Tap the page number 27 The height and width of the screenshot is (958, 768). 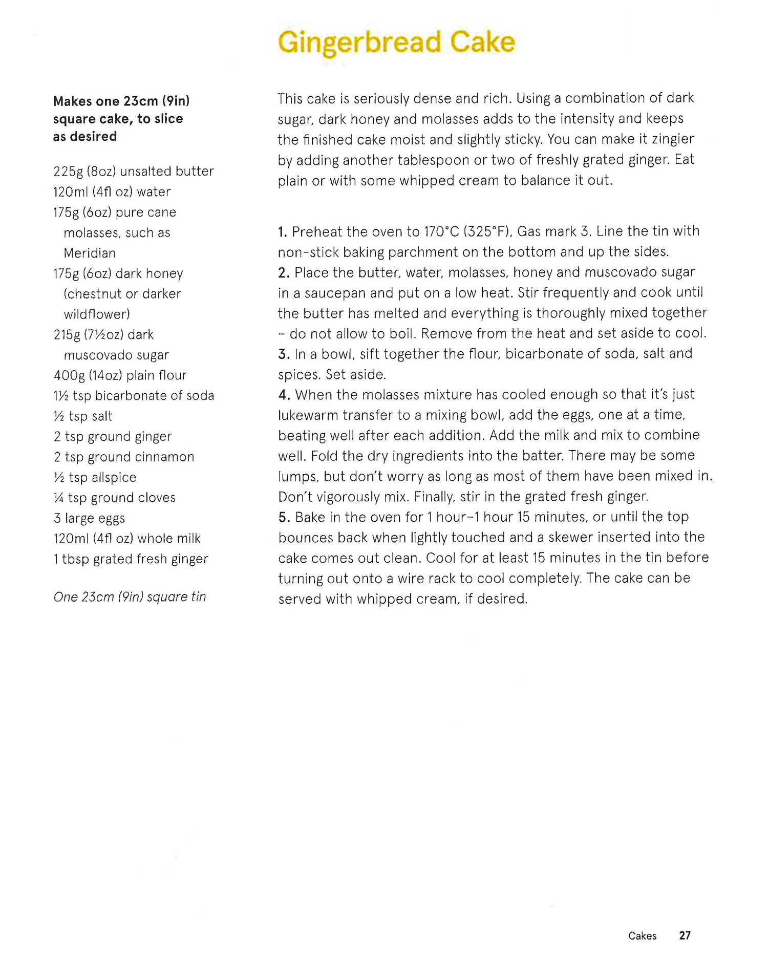point(685,935)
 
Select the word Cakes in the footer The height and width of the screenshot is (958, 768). point(642,936)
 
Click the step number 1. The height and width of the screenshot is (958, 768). point(282,232)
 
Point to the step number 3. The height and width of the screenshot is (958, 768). point(284,354)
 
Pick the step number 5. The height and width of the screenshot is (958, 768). point(284,518)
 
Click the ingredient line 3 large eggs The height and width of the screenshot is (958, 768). point(89,518)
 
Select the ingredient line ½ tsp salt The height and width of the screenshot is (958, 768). point(83,416)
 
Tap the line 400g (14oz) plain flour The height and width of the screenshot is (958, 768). point(120,375)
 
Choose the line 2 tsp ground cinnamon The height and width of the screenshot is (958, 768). point(123,457)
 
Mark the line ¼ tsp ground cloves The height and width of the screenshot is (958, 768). point(114,498)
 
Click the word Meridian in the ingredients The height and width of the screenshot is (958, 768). point(90,253)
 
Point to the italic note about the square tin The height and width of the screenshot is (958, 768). point(130,597)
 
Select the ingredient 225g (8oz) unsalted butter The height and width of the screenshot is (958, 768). point(133,172)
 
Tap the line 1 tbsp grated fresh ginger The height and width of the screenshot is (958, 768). point(131,559)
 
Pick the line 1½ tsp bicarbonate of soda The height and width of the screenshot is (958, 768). point(134,396)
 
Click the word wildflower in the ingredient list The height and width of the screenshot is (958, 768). point(96,314)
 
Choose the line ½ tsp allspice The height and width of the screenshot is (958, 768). point(95,477)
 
